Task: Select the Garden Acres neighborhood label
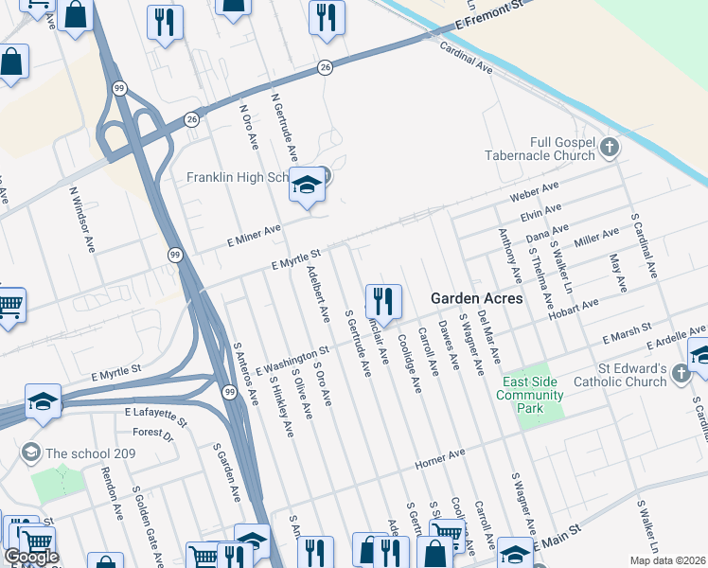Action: (476, 297)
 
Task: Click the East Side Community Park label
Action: (532, 395)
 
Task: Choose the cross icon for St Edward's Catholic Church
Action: (681, 375)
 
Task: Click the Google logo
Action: (31, 557)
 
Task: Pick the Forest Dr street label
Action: (153, 434)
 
